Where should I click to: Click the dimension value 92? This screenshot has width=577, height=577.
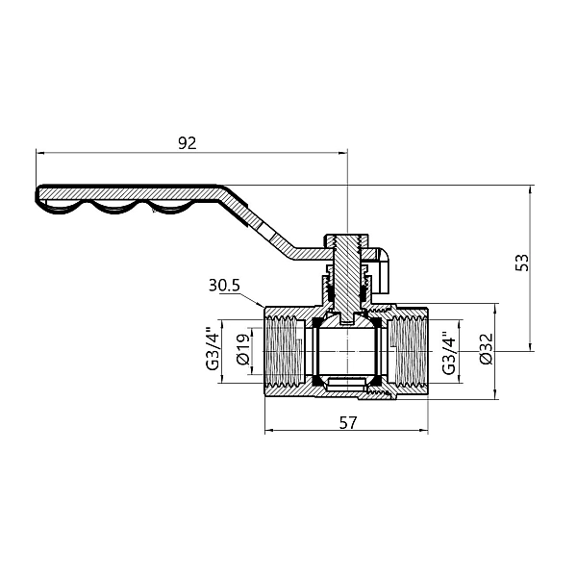(x=188, y=143)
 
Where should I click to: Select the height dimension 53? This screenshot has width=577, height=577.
(x=522, y=263)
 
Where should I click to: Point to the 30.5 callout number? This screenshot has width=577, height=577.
(x=223, y=286)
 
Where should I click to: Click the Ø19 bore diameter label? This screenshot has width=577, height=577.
(x=243, y=352)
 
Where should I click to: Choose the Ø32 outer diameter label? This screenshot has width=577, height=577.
(x=485, y=352)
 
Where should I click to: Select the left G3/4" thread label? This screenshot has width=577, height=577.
(x=211, y=352)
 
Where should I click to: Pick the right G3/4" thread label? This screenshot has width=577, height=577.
(x=447, y=352)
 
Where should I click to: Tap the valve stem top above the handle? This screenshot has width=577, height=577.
(x=345, y=237)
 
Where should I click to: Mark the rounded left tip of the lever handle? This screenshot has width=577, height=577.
(x=39, y=196)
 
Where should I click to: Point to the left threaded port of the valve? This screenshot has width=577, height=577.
(x=281, y=352)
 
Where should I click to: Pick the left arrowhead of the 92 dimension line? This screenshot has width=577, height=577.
(x=40, y=152)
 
